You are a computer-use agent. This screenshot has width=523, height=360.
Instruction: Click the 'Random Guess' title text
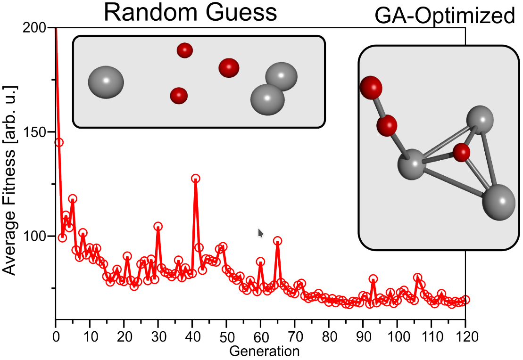pos(191,13)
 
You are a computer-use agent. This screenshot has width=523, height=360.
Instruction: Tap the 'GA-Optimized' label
pos(444,17)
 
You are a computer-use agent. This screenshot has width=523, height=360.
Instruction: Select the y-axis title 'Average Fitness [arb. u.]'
pos(10,180)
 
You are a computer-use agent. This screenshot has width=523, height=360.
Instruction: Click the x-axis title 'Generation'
pos(264,351)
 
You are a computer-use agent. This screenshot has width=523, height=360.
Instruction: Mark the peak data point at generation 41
pos(196,179)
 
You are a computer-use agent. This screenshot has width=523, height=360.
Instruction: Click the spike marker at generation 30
pos(158,227)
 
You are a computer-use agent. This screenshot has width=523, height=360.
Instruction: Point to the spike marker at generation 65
pos(278,241)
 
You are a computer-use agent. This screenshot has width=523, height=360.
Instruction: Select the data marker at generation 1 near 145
pos(59,142)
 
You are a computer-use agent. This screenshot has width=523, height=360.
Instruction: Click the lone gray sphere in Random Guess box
pos(106,82)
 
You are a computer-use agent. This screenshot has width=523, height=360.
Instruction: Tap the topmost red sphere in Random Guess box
pos(184,50)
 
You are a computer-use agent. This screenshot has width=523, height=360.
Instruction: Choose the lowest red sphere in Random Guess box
pos(179,96)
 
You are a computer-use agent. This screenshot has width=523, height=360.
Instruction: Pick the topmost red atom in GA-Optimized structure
pos(371,87)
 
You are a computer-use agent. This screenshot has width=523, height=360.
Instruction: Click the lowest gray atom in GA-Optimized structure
pos(498,202)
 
